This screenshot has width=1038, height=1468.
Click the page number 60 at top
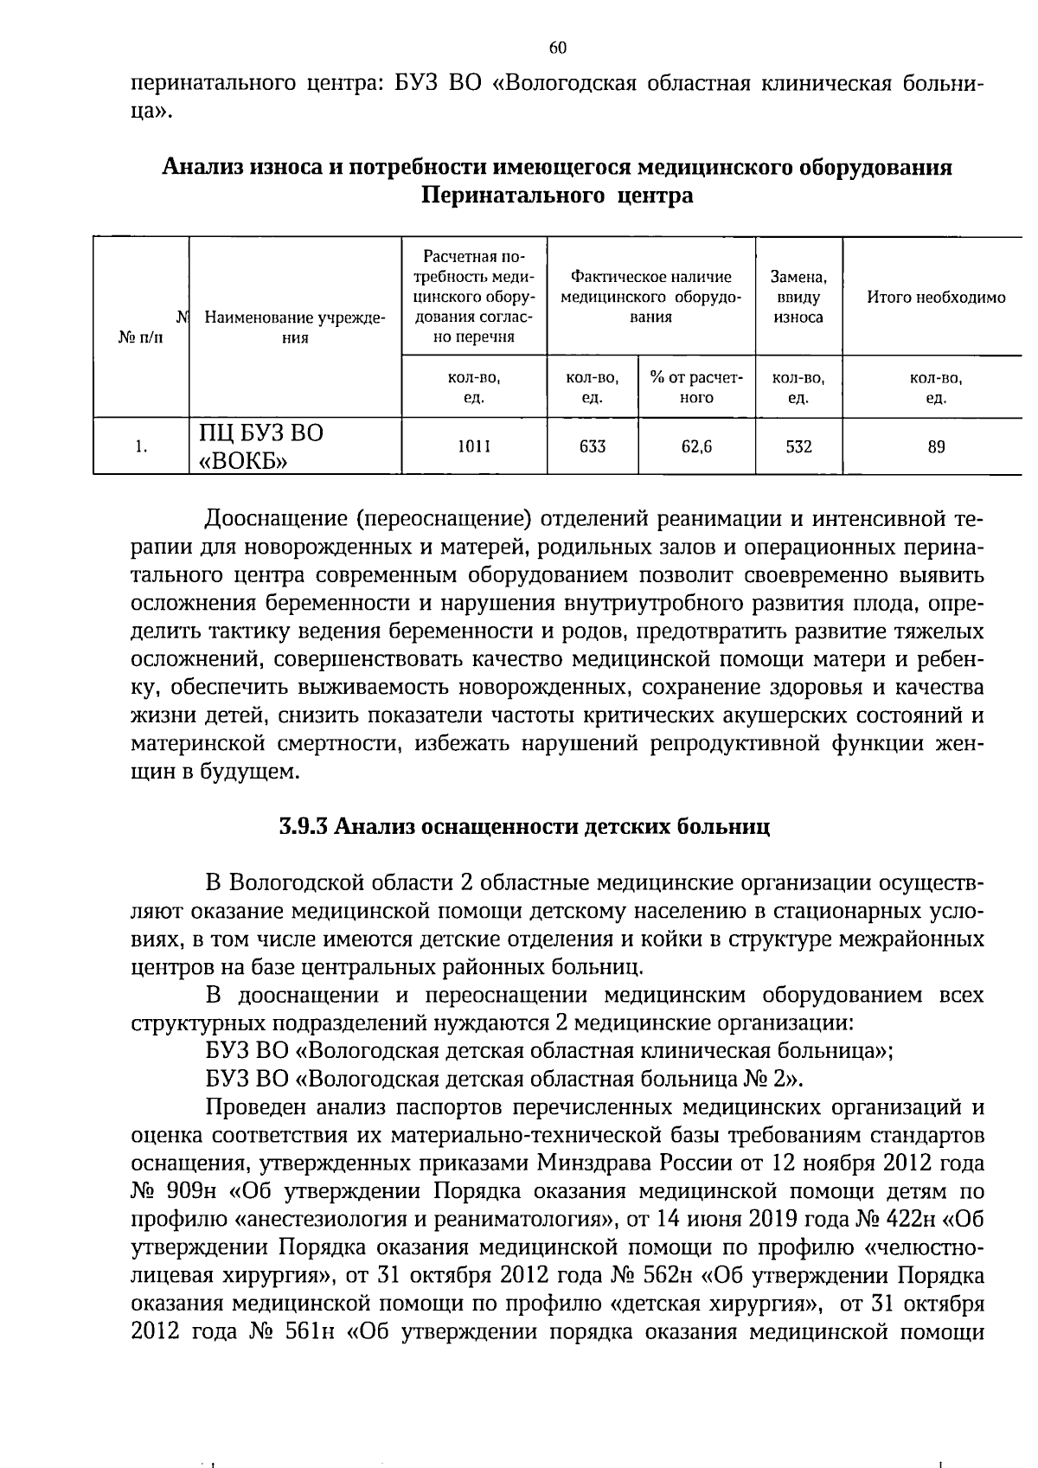558,48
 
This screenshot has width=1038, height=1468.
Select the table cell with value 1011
473,446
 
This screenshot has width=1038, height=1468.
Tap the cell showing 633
593,446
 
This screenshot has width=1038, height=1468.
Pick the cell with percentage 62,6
696,446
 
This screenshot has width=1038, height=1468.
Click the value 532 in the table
798,446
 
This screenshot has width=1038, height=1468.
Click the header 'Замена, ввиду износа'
798,297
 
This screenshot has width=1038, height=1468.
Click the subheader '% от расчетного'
696,388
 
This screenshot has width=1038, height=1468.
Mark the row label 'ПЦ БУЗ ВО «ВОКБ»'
259,446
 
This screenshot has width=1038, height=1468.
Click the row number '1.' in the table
141,446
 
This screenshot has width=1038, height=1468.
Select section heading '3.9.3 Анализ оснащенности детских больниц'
524,825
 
